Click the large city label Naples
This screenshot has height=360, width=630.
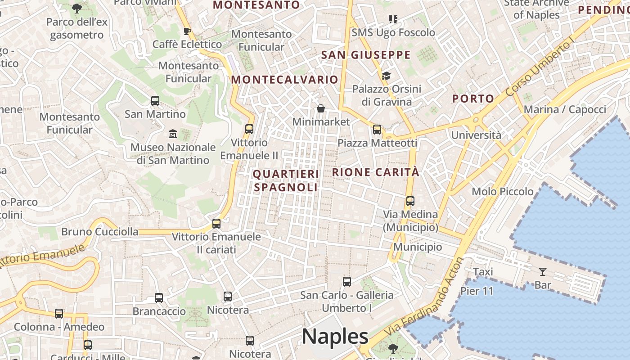click(335, 337)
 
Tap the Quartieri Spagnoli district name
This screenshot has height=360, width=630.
click(286, 180)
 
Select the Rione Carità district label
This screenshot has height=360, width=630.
click(376, 172)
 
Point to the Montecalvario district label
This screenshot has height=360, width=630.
click(284, 80)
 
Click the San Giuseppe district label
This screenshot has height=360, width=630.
click(366, 55)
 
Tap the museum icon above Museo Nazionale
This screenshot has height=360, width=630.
click(173, 134)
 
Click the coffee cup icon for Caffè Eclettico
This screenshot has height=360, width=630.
click(187, 31)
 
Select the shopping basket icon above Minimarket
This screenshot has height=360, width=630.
click(321, 108)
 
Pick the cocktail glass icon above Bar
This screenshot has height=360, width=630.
click(543, 271)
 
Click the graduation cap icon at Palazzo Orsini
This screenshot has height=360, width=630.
click(386, 75)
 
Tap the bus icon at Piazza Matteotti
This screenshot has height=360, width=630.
click(377, 130)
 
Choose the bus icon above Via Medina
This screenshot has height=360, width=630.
click(410, 201)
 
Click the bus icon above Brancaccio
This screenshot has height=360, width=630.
click(159, 297)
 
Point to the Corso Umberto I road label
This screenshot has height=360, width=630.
click(540, 67)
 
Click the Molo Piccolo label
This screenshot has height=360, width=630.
click(502, 191)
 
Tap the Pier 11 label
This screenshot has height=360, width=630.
click(477, 291)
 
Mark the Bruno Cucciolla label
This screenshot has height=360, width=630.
click(100, 232)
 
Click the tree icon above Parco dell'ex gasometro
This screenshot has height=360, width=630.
click(77, 8)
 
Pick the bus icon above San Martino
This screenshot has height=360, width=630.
click(155, 100)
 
